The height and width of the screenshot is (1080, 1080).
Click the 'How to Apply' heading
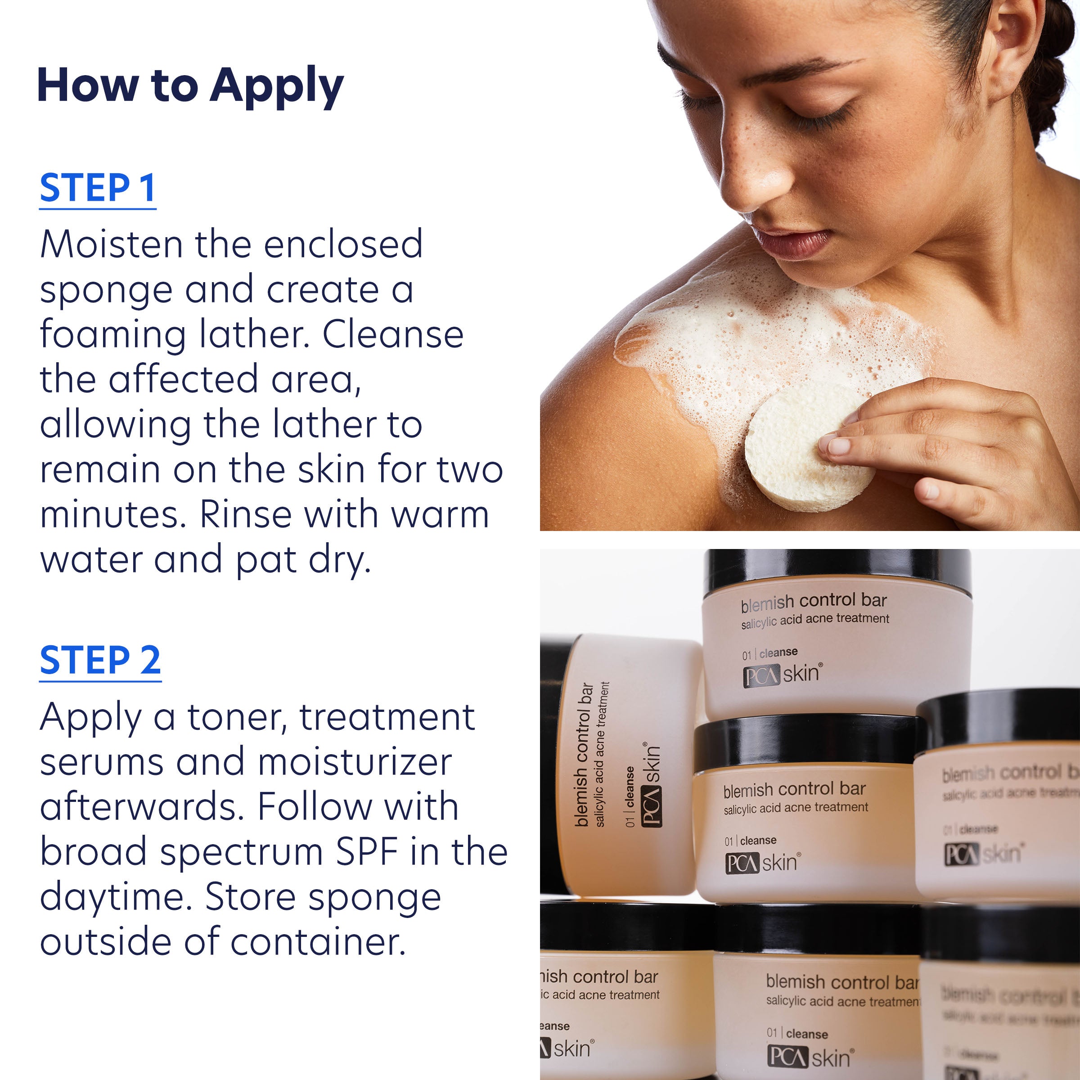point(190,85)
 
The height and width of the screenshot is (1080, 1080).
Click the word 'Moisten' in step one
point(111,244)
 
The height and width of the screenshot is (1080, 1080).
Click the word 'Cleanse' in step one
point(393,335)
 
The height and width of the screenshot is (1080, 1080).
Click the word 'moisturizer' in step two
point(355,762)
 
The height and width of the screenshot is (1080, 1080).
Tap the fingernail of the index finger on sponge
point(838,446)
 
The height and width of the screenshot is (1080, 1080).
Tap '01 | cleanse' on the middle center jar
point(751,841)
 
